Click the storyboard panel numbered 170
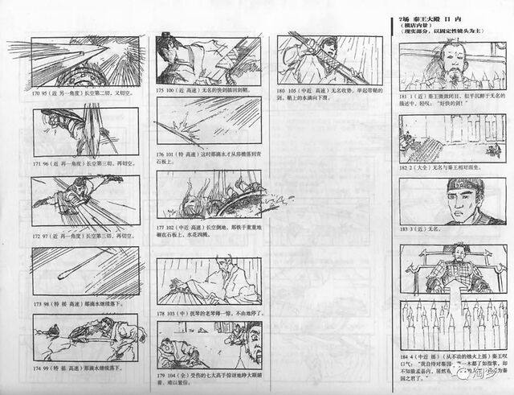(76, 64)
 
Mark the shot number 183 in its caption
(404, 231)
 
